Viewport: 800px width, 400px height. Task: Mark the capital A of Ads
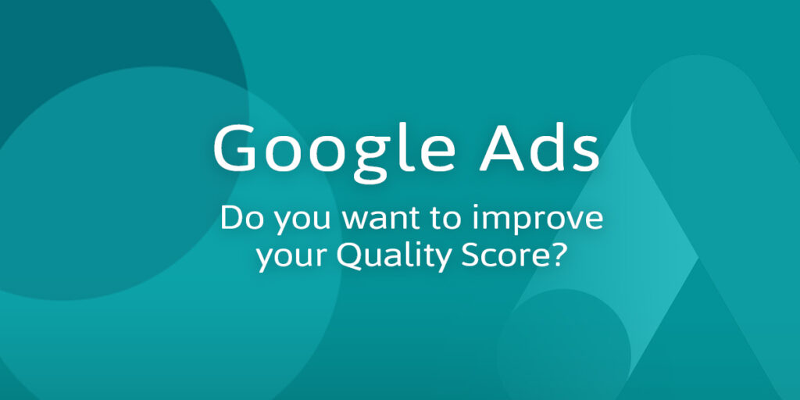pos(502,148)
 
